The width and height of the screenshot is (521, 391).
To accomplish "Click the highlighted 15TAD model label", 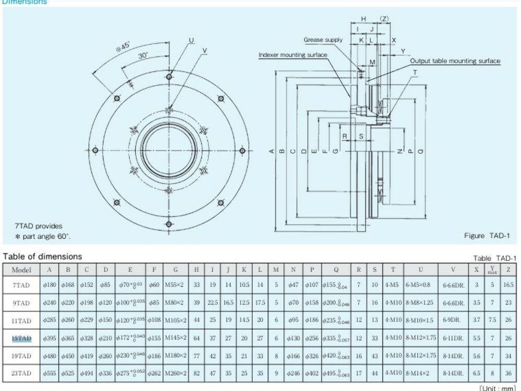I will tap(21, 338).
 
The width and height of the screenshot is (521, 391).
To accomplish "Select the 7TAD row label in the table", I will tap(21, 285).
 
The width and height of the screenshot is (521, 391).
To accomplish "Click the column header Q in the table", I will tap(336, 270).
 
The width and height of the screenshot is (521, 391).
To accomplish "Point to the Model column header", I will tap(21, 270).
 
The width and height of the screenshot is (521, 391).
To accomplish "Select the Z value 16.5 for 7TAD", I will tap(507, 285).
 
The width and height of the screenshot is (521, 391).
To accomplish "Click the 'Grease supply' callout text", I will tap(323, 40).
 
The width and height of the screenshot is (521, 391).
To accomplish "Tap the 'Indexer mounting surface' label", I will tap(293, 55).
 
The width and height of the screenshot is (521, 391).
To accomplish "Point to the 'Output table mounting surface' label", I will tap(455, 61).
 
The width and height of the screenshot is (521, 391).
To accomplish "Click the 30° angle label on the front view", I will tap(143, 55).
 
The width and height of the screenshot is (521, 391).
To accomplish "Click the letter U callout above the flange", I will tap(191, 40).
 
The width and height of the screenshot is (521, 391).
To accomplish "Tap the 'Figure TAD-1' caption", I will tap(486, 236).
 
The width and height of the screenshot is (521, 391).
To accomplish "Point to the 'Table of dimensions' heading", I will tap(42, 256).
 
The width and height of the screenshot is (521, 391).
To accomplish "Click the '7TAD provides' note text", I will tap(39, 226).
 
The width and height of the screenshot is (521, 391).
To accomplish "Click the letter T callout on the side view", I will tap(415, 72).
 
